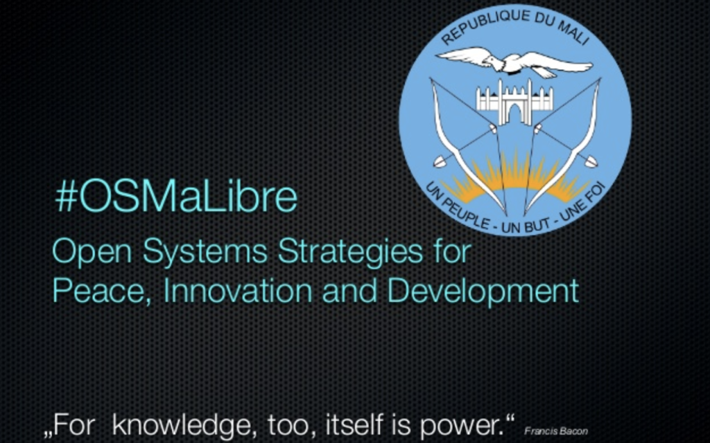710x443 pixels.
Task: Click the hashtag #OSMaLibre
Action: tap(176, 197)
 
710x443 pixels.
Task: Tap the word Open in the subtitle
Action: tap(92, 252)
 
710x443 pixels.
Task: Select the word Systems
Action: tap(205, 252)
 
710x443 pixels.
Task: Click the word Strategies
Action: tap(350, 252)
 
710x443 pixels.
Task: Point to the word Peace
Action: tap(101, 291)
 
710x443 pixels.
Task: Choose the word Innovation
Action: tap(238, 290)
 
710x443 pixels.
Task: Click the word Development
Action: tap(483, 291)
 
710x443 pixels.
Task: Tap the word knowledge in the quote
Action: tap(182, 425)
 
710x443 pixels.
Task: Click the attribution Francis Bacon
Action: tap(556, 431)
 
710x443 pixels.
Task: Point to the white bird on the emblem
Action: tap(514, 62)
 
